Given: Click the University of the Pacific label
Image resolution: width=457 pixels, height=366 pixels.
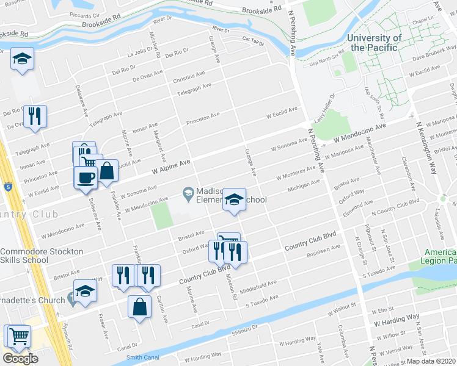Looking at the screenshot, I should point(374,42).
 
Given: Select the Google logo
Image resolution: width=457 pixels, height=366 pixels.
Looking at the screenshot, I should point(20,359).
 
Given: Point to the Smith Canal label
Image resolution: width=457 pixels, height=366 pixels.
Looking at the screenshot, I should point(142,357).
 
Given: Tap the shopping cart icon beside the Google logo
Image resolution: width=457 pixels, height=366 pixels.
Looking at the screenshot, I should point(18,335).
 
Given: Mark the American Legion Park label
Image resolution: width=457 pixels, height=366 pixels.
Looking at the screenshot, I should point(439,256).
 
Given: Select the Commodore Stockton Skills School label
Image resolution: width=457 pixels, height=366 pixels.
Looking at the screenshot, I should point(42,256).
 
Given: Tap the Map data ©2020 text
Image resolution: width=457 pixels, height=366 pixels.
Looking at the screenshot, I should point(431,361).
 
